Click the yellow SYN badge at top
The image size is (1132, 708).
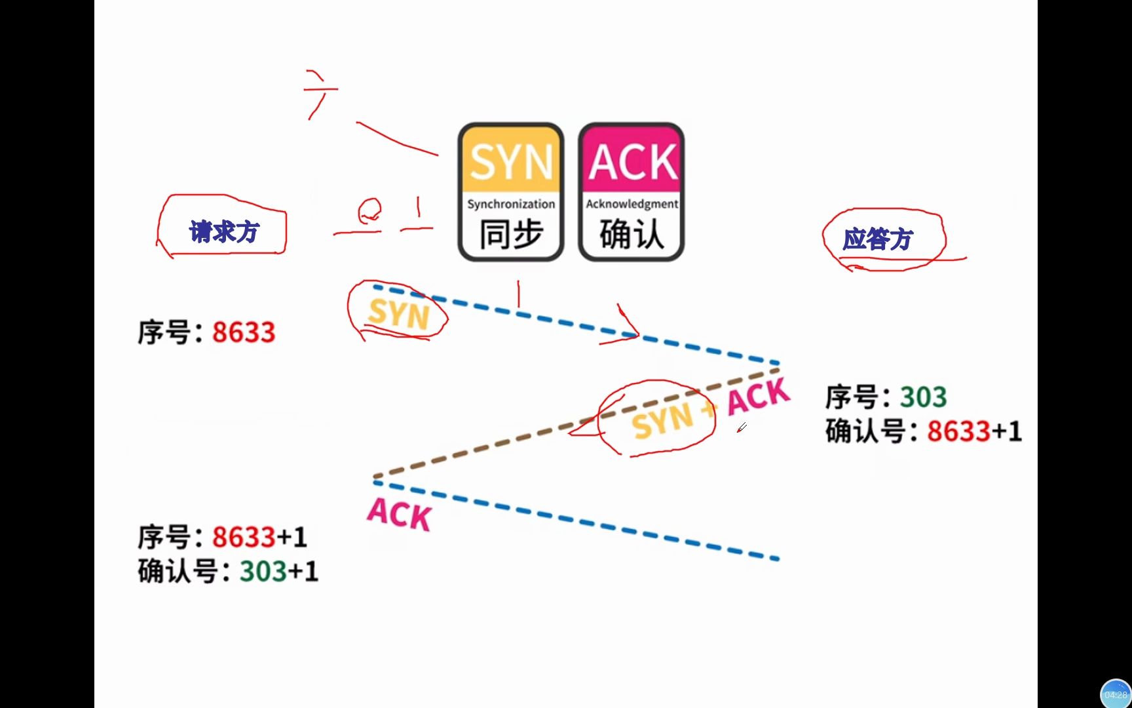click(x=510, y=161)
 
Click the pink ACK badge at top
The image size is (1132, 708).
click(x=632, y=161)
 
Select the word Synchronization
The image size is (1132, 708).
click(x=511, y=204)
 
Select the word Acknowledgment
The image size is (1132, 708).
click(x=632, y=204)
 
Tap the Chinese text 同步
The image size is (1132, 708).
click(x=511, y=234)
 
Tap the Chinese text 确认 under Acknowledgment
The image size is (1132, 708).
click(x=632, y=234)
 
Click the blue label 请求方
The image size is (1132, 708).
click(x=224, y=231)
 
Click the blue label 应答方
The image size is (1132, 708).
click(x=877, y=239)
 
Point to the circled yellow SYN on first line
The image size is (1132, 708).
click(x=398, y=313)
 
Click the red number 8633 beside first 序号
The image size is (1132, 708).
click(x=244, y=332)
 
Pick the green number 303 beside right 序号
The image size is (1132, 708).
click(x=923, y=397)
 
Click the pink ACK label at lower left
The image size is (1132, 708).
click(x=399, y=514)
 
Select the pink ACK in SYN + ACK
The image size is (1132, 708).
click(x=758, y=397)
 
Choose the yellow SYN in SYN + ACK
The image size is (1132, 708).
click(x=662, y=421)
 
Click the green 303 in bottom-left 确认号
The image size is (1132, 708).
click(x=263, y=572)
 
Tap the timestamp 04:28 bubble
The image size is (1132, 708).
click(x=1116, y=694)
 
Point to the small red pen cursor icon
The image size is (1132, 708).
click(x=742, y=427)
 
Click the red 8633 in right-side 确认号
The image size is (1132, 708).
click(x=958, y=431)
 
